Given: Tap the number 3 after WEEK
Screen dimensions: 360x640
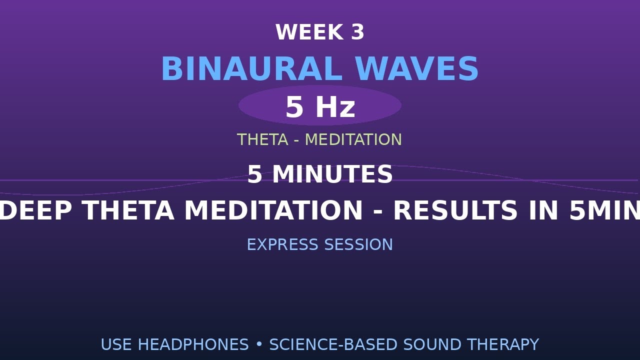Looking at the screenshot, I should point(357,32).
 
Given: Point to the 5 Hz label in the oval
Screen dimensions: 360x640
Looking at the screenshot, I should point(320,106).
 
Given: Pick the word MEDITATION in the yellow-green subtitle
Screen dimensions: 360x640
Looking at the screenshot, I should point(353,139).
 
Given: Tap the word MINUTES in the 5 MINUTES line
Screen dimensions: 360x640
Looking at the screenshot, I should point(332,174).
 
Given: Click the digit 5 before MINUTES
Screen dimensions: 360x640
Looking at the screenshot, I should point(254,174).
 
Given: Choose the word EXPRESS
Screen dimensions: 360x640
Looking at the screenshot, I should point(282,244).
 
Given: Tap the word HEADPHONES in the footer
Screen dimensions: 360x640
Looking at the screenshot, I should point(193,344).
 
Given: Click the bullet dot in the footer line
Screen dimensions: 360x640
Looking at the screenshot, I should point(259,344).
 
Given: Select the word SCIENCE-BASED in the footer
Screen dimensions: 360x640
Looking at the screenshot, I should point(333,344).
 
